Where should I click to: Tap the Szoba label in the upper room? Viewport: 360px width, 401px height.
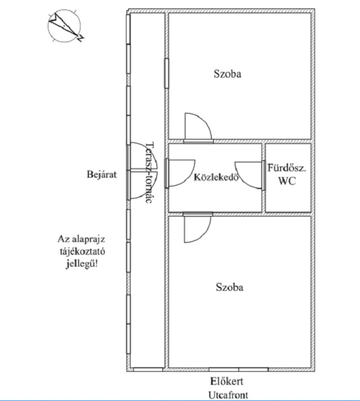(x=227, y=74)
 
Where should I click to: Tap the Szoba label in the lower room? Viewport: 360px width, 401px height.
(x=229, y=287)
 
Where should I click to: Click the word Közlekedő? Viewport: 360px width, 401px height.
(x=216, y=177)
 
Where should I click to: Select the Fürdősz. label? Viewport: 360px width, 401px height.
(x=287, y=167)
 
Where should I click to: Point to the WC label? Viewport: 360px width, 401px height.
(x=287, y=181)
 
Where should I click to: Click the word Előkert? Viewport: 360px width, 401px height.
(x=227, y=381)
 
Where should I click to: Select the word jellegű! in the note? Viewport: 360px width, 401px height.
(x=82, y=264)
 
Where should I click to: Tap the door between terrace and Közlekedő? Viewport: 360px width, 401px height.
(x=180, y=172)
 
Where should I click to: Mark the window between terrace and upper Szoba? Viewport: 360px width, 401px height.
(x=166, y=73)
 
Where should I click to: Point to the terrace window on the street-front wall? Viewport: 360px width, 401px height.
(x=148, y=369)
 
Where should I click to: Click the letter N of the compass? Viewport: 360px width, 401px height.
(x=81, y=38)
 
